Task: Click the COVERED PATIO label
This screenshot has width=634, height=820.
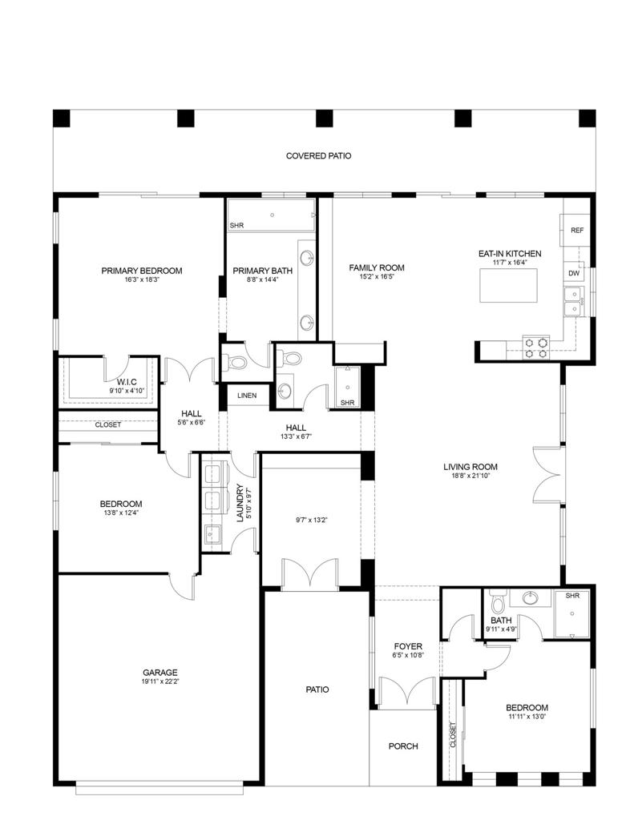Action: tap(318, 156)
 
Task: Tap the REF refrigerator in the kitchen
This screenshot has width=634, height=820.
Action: tap(576, 230)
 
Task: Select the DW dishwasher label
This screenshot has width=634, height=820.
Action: tap(574, 273)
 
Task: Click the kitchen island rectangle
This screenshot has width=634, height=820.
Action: tap(509, 285)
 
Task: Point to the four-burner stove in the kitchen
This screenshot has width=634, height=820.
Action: tap(535, 347)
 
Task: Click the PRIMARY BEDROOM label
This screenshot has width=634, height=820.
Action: tap(141, 271)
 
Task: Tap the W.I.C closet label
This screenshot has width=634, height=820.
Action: tap(127, 382)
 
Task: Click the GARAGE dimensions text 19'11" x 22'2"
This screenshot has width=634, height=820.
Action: tap(160, 682)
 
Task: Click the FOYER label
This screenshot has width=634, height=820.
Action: tap(408, 646)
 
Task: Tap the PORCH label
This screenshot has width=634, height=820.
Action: tap(403, 746)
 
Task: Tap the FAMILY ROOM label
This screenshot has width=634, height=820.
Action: tap(376, 268)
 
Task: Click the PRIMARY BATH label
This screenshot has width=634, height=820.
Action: tap(262, 271)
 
